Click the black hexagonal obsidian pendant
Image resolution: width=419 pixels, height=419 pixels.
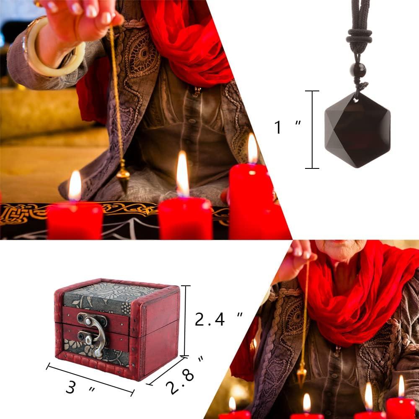click(357, 130)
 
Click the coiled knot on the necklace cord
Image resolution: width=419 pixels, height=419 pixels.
click(359, 38)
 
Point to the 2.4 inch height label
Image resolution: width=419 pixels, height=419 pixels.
click(218, 320)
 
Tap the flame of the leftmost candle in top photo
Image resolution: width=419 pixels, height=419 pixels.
click(75, 185)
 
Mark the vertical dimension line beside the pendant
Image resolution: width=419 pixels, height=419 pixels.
click(312, 129)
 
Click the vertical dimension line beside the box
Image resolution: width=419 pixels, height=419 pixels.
click(185, 321)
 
